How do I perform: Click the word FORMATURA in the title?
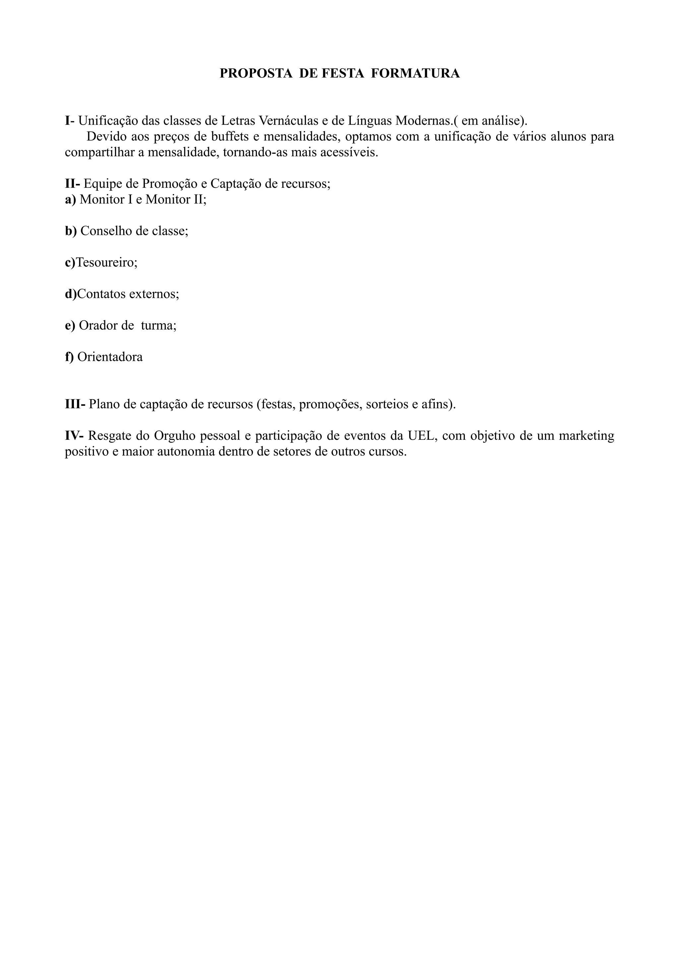click(415, 73)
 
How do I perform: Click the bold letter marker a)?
click(71, 199)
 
